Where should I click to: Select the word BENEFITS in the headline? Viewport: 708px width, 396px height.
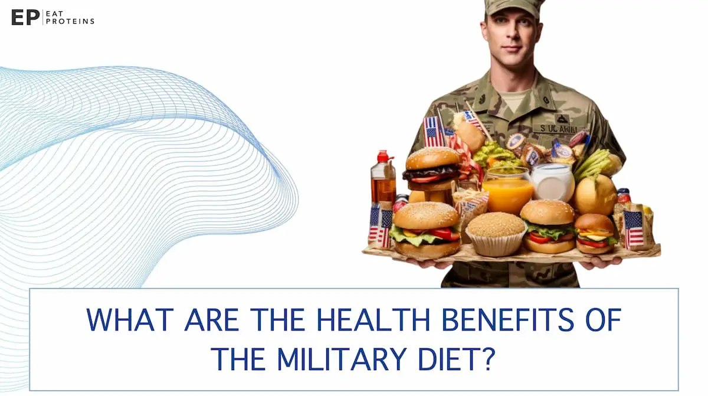click(507, 320)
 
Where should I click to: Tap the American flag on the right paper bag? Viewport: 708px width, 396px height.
click(634, 229)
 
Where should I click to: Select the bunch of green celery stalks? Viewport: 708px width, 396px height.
click(592, 165)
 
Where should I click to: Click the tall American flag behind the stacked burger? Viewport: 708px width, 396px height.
click(432, 131)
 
